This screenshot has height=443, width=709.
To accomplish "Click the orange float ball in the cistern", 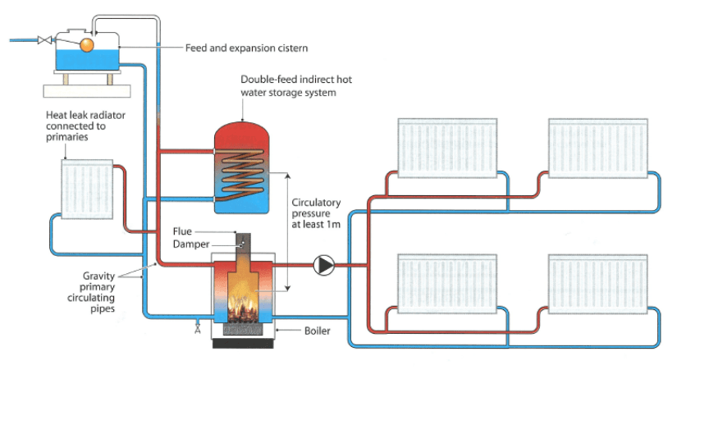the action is [x=86, y=45].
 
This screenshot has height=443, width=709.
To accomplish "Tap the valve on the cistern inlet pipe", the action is [x=44, y=40].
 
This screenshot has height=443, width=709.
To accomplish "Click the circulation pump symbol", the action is [x=324, y=265].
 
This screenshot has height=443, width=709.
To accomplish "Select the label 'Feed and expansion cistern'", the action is [x=246, y=48].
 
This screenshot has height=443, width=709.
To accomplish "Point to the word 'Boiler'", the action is [x=317, y=331].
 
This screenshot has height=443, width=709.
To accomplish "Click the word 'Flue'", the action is [x=182, y=231].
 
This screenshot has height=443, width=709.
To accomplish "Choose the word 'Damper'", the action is [x=191, y=244].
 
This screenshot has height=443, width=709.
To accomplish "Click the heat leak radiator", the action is [x=87, y=189].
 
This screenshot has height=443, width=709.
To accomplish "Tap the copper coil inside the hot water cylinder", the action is [x=241, y=175].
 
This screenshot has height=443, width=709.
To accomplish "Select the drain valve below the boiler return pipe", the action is [x=198, y=328].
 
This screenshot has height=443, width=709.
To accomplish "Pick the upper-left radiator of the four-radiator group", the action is [x=448, y=148].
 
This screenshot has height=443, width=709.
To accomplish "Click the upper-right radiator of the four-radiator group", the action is [x=598, y=148].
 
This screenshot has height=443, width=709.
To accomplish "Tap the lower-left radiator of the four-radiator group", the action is [x=448, y=283].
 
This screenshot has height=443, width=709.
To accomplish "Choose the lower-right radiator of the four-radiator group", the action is [x=598, y=283].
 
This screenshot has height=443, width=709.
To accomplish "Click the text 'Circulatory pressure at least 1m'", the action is [x=316, y=213].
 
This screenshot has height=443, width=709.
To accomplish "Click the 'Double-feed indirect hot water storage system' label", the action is [x=296, y=86].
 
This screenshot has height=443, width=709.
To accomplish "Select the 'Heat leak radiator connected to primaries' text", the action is [x=85, y=126].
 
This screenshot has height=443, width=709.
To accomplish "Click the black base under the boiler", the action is [x=243, y=344].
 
